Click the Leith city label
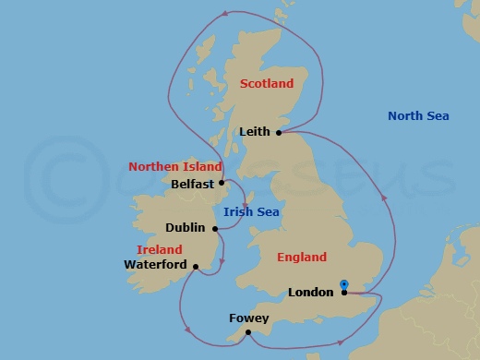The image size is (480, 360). (255, 132)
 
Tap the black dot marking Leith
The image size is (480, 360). (279, 132)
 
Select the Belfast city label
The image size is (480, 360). (192, 183)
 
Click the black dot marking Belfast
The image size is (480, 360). (222, 183)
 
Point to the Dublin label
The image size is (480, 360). (186, 227)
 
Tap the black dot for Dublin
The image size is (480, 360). (215, 228)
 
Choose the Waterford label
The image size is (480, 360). (154, 264)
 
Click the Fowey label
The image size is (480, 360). (249, 318)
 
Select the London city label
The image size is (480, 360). (311, 293)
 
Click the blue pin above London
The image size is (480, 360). (343, 284)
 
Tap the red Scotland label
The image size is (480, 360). (266, 83)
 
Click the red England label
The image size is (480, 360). (301, 258)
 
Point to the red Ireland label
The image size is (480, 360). (159, 249)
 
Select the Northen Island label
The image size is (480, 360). (175, 167)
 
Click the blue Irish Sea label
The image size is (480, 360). (252, 212)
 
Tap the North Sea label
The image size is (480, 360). (418, 115)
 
